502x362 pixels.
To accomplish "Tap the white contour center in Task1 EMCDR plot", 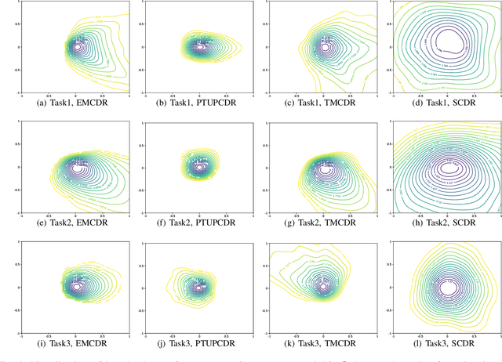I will [77, 47].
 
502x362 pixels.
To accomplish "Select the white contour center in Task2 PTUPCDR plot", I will [199, 167].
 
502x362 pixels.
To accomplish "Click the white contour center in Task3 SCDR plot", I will [448, 288].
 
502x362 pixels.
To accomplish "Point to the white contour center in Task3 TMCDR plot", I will [324, 288].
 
